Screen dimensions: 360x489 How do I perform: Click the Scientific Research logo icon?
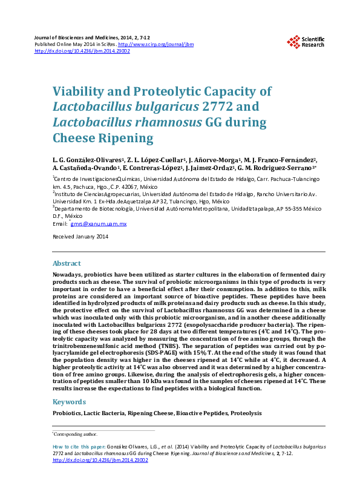[x=293, y=41]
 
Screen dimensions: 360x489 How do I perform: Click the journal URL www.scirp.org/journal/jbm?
[x=148, y=44]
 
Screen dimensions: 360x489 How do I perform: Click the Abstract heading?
[x=67, y=264]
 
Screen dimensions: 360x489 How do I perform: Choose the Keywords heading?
[x=69, y=402]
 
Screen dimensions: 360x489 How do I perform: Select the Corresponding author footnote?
[x=76, y=434]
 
